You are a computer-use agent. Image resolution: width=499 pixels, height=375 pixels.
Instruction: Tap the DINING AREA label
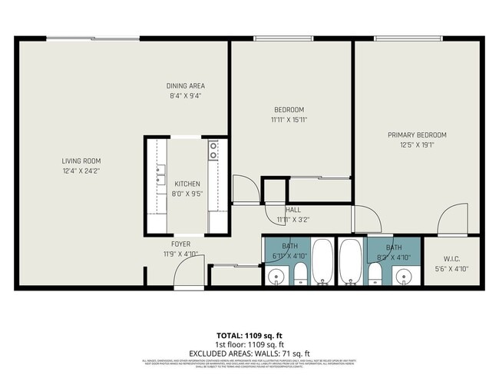186,85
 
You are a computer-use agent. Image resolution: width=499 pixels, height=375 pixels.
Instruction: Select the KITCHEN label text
187,184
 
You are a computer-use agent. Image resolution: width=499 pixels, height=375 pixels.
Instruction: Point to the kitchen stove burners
213,149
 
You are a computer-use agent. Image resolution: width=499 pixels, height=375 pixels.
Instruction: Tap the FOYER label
180,244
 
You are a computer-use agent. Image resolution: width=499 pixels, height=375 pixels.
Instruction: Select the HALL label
293,209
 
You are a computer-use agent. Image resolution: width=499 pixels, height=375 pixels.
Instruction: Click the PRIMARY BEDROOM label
417,135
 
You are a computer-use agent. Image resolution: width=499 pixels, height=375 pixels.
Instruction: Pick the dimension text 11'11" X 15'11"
289,119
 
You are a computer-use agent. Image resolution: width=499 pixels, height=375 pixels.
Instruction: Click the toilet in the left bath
299,272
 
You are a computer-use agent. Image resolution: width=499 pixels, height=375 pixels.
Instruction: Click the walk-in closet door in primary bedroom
453,219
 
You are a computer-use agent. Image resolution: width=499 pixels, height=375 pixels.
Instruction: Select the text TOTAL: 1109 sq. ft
249,336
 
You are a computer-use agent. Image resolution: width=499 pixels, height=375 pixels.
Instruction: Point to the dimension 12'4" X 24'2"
81,170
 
